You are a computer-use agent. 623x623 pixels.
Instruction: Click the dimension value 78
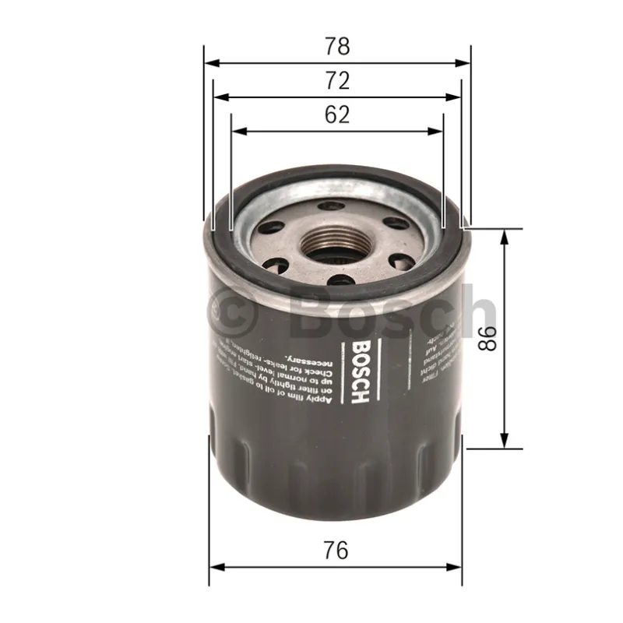[336, 46]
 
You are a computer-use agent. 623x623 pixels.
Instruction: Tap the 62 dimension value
[336, 114]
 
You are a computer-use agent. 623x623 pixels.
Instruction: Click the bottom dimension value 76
[336, 550]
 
